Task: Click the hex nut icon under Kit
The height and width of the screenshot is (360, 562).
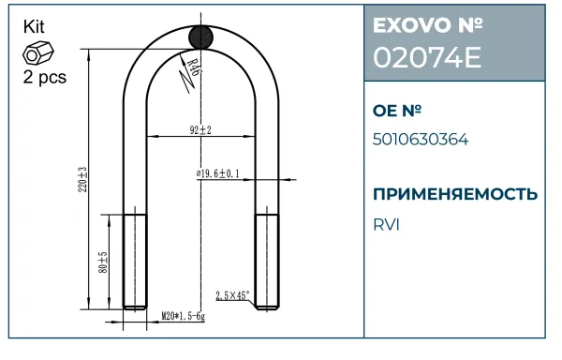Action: coord(38,53)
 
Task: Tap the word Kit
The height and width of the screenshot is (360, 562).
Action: coord(34,27)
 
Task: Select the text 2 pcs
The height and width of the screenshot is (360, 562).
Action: coord(45,77)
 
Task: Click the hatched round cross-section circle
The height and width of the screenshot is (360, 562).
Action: coord(201,37)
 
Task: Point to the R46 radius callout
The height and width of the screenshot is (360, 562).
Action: coord(193,67)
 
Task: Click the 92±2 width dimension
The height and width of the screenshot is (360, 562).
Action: coord(200,129)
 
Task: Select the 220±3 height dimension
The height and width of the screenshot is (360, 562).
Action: coord(82,180)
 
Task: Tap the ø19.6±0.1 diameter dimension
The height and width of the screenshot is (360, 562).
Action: coord(218,173)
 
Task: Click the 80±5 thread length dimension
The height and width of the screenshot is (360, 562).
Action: coord(103,262)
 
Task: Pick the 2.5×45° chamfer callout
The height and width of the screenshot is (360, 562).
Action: coord(232,295)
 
